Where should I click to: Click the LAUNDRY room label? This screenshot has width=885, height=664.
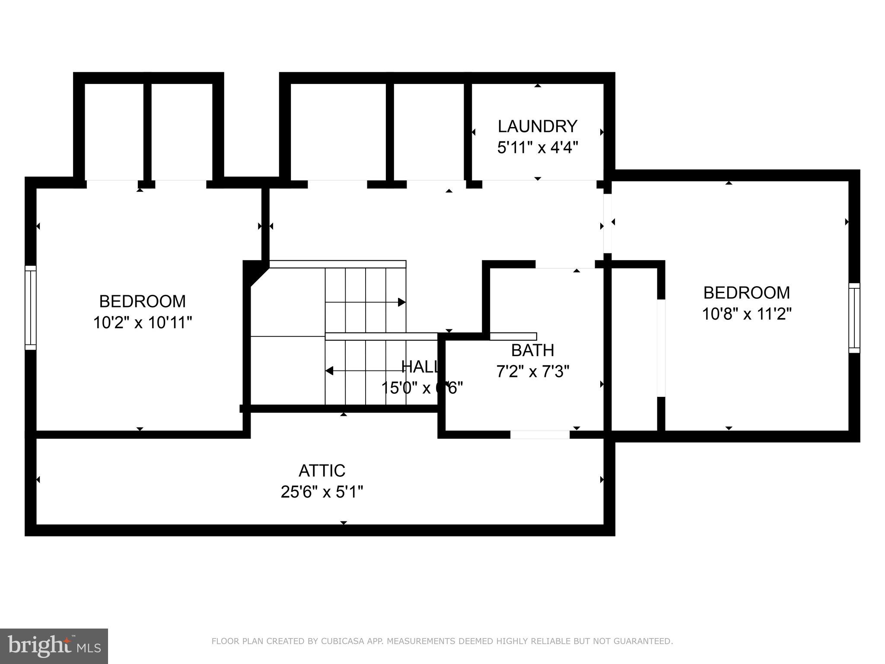coord(537,127)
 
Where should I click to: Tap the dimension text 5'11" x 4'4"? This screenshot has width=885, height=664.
coord(537,148)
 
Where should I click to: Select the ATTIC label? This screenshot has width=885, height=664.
coord(322,470)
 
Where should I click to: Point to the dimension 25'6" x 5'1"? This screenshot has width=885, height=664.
coord(322,492)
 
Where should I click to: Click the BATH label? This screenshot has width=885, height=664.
coord(532,350)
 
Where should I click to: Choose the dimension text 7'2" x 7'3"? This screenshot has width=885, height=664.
coord(532,371)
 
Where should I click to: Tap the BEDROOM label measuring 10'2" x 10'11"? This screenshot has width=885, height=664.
coord(142,301)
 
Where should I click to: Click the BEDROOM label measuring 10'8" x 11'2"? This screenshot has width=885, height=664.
coord(746,293)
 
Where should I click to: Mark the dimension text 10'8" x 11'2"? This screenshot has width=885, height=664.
coord(746,314)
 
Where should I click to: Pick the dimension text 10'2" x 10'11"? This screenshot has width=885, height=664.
coord(142,322)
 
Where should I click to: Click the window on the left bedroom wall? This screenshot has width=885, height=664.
coord(30,307)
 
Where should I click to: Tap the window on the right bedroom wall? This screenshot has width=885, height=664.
coord(854,318)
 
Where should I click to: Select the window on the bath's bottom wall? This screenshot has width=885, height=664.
coord(540,434)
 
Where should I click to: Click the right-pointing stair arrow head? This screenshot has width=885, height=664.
coord(401,302)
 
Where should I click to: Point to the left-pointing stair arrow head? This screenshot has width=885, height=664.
coord(329,371)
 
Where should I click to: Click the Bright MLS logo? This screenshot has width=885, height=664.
coord(54,646)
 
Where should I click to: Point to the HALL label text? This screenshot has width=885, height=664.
coord(419,367)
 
